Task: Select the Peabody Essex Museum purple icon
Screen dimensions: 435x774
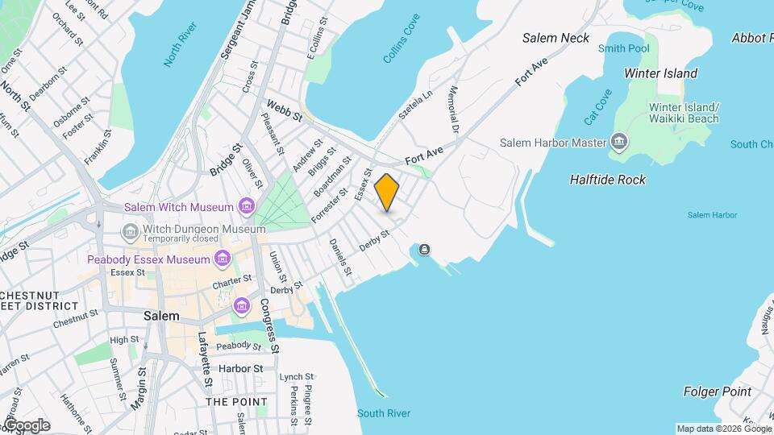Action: [x=222, y=259]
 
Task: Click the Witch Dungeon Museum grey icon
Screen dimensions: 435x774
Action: [x=130, y=232]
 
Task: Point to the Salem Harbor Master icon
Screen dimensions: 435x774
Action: [x=618, y=143]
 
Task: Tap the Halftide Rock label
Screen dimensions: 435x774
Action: [x=607, y=180]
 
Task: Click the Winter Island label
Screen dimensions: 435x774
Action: [x=660, y=73]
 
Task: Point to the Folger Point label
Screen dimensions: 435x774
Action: [x=717, y=392]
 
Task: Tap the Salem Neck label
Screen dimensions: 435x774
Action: [x=556, y=38]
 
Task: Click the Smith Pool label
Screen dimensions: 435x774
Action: [x=623, y=49]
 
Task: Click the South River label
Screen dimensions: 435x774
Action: [x=384, y=413]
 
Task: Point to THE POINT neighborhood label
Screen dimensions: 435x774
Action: [x=236, y=401]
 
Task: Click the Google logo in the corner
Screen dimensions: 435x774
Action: [x=26, y=425]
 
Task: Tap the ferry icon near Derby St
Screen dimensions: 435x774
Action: [x=425, y=251]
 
